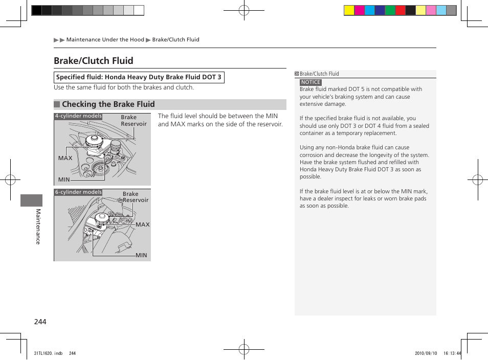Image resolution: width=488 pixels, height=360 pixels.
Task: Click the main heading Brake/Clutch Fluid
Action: (x=93, y=61)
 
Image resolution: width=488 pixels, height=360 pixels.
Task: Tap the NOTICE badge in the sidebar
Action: (x=310, y=82)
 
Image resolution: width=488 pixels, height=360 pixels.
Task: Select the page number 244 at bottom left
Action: (x=40, y=322)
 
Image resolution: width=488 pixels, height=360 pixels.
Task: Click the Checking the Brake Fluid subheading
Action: (x=108, y=104)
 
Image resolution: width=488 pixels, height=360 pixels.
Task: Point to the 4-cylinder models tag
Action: (x=78, y=116)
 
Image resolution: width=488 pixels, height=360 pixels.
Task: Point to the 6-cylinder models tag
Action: (x=78, y=192)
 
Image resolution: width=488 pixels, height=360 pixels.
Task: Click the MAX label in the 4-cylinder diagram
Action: (x=65, y=158)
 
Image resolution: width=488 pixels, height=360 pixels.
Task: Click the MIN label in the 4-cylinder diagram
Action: (x=64, y=179)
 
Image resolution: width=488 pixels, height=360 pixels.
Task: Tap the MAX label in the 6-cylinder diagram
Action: (x=142, y=224)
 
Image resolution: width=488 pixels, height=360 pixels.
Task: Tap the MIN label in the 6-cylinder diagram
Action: (x=141, y=255)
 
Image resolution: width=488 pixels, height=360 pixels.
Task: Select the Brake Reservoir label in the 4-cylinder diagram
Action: (x=133, y=121)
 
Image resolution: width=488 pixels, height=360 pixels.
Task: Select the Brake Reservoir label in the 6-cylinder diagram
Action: (x=135, y=197)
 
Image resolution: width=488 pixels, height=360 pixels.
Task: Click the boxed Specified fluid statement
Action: (x=139, y=77)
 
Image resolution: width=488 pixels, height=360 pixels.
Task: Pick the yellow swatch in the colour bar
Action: (x=349, y=10)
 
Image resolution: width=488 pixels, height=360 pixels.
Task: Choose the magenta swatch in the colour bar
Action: (x=359, y=10)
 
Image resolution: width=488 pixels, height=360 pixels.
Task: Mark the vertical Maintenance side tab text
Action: (x=37, y=227)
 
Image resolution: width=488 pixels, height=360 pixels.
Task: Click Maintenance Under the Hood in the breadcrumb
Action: (x=105, y=39)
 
